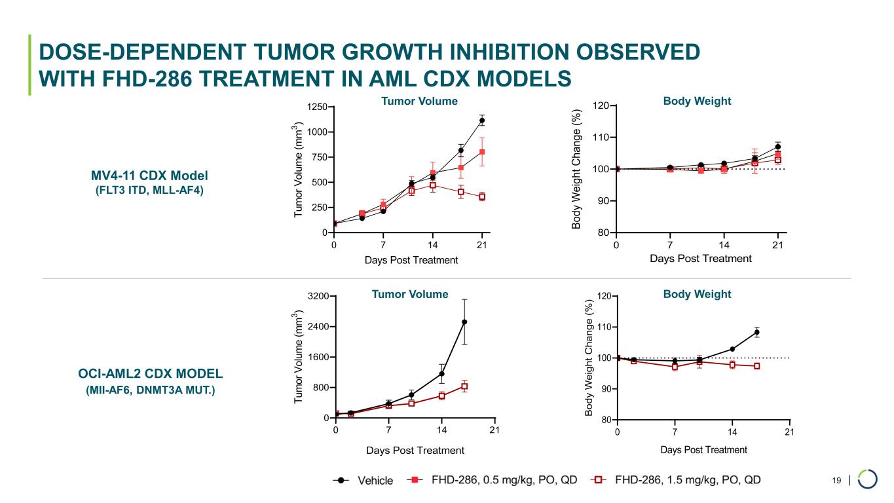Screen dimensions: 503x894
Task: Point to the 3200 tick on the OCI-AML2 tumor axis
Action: click(318, 297)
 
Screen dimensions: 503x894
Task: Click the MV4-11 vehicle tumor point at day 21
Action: click(482, 121)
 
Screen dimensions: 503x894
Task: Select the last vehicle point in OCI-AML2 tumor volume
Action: click(464, 322)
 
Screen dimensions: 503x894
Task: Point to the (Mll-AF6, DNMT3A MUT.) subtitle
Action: click(151, 391)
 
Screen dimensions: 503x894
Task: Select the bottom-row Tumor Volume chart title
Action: click(410, 294)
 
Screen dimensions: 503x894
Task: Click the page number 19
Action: click(836, 481)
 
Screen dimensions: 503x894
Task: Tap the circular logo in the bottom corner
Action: click(868, 479)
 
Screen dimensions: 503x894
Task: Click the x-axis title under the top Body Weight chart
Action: click(700, 258)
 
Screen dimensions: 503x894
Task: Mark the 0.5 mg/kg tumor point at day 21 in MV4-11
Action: click(482, 152)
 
